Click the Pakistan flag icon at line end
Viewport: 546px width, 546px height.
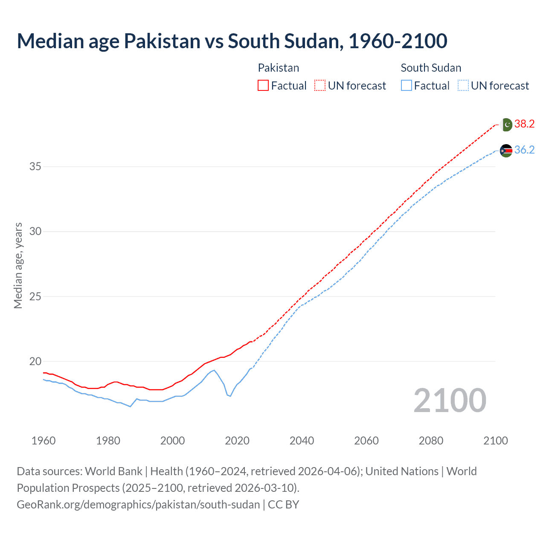[x=506, y=125]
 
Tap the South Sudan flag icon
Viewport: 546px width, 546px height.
[x=506, y=151]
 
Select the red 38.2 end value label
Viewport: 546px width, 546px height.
[x=524, y=124]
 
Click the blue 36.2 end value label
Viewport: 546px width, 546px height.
[x=524, y=150]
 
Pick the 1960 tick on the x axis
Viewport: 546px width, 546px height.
[x=44, y=441]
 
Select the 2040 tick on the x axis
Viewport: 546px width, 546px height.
[x=302, y=441]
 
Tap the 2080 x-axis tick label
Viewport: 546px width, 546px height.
[x=431, y=441]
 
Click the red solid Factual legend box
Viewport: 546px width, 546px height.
[x=263, y=86]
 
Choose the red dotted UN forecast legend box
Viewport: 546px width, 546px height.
[x=320, y=86]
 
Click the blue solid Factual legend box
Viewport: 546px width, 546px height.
[x=407, y=86]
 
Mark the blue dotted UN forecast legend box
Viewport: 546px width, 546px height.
[x=463, y=86]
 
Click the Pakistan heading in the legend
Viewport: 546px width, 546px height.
[x=279, y=68]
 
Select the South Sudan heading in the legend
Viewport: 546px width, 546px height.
[x=431, y=68]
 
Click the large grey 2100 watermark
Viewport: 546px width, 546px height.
[x=450, y=401]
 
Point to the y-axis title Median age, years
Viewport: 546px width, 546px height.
[x=18, y=265]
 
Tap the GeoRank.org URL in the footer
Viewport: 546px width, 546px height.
[x=138, y=505]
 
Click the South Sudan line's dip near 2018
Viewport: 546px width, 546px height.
[x=230, y=396]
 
